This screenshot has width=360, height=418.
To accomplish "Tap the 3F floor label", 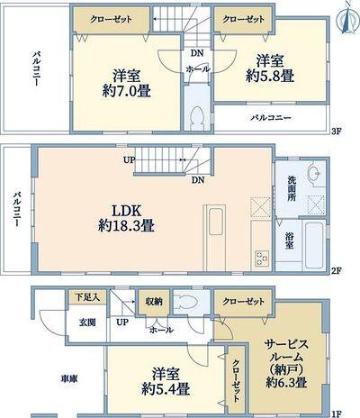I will pos(336,131).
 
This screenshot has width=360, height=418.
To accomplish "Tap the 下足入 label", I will pos(86,296).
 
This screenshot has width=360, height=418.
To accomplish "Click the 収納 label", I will pos(153,301).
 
